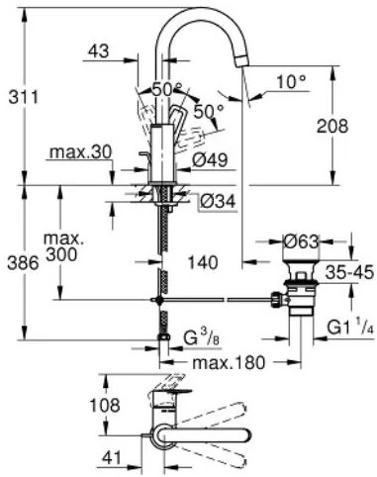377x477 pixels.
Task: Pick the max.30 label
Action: pyautogui.click(x=78, y=153)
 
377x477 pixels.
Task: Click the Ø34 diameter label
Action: pyautogui.click(x=217, y=201)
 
